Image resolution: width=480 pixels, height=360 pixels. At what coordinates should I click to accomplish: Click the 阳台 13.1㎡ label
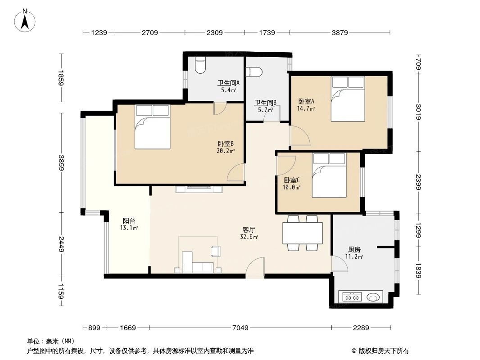129,224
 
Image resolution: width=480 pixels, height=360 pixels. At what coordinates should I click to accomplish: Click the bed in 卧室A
347,99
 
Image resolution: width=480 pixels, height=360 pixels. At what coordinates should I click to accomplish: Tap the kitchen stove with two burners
351,297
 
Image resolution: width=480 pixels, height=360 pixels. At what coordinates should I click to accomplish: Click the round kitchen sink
374,297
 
